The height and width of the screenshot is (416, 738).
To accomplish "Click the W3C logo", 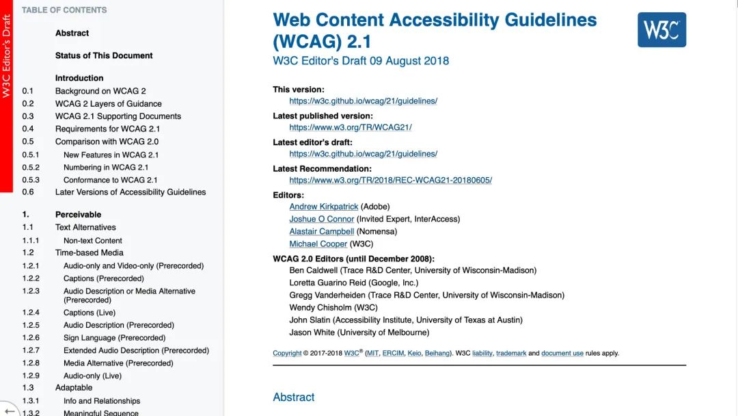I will click(661, 29).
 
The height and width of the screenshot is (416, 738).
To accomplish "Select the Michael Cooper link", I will click(318, 244).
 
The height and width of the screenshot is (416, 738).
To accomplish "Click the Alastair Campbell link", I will click(322, 231).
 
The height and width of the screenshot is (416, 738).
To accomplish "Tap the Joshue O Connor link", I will click(322, 219).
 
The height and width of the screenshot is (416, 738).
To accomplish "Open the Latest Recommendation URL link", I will click(390, 180).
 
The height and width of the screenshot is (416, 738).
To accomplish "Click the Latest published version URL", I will click(351, 127).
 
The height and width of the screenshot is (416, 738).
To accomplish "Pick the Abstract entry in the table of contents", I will click(72, 33).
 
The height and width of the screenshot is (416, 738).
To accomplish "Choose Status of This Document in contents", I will click(104, 55).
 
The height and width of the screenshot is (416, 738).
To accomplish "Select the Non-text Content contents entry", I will click(93, 240).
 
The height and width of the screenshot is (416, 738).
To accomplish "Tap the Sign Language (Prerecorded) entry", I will click(115, 338).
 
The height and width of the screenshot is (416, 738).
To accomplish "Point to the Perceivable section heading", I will click(78, 214).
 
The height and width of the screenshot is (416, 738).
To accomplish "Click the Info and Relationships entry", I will click(102, 401).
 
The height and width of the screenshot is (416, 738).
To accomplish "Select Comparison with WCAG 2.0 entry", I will click(107, 142).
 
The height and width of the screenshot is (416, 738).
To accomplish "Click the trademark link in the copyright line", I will click(511, 353).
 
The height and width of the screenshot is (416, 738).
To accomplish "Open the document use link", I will click(562, 353).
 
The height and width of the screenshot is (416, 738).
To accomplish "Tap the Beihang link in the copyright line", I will click(437, 353).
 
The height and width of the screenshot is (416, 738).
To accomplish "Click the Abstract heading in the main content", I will click(294, 398).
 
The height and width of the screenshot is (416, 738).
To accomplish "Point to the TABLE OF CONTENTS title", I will click(64, 10).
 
